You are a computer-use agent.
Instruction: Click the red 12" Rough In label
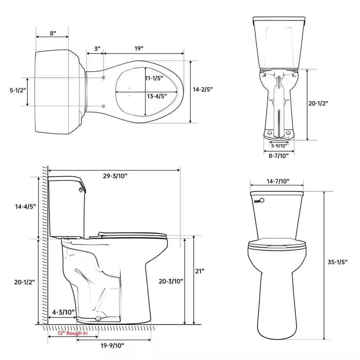click(x=72, y=333)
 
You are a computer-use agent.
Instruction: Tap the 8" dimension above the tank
click(x=53, y=33)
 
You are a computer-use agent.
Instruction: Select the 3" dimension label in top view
click(x=97, y=49)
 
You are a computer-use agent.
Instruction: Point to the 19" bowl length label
click(x=139, y=49)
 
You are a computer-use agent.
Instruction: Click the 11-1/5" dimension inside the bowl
click(x=154, y=78)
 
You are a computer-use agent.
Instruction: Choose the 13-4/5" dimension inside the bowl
click(x=157, y=96)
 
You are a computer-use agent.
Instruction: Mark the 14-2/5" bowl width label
click(x=203, y=89)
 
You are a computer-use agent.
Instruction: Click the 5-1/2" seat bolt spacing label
click(x=18, y=90)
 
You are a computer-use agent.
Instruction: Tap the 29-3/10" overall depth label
click(x=115, y=176)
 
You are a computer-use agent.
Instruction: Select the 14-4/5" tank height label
click(x=26, y=207)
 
